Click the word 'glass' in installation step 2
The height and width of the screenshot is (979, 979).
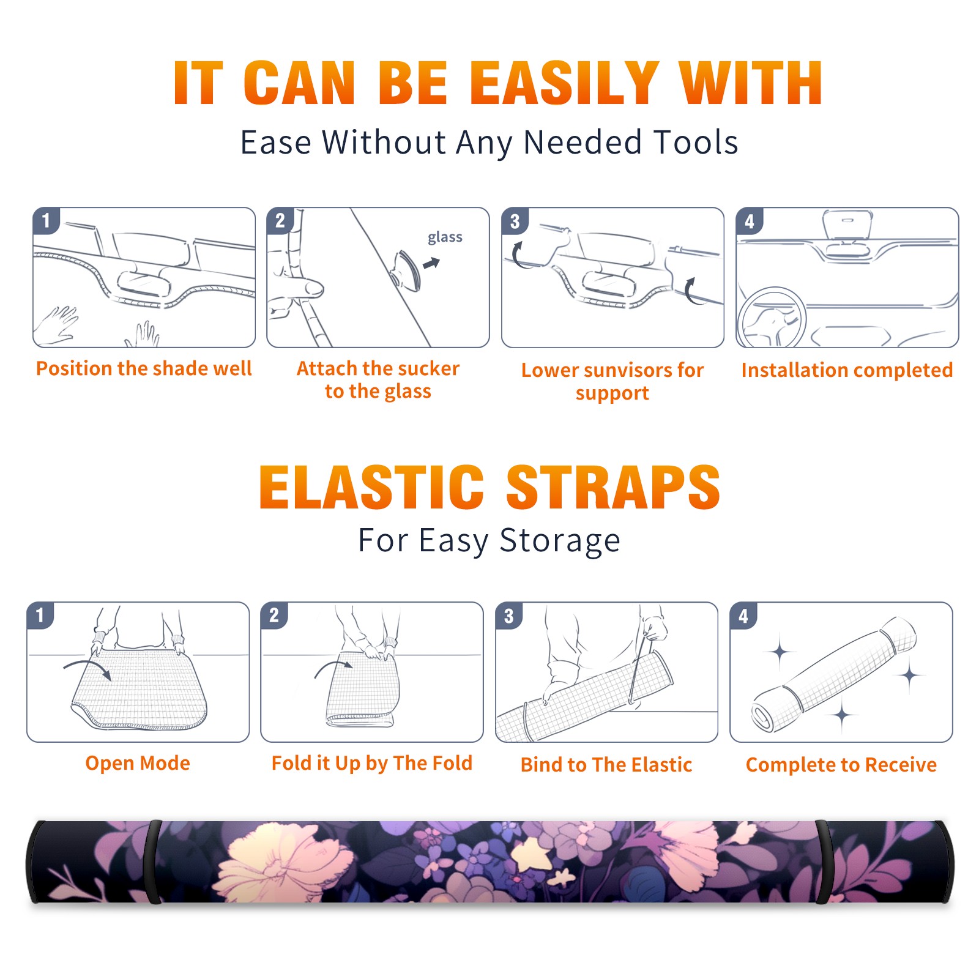pos(445,237)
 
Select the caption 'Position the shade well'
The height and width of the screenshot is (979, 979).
pos(144,368)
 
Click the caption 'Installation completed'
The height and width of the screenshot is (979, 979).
pos(847,370)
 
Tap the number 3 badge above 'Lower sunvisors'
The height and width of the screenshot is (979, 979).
pos(515,221)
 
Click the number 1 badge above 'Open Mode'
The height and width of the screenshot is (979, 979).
pos(40,615)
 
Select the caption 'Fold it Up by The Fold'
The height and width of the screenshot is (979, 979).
pos(372,763)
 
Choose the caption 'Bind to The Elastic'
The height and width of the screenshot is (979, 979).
pos(606,764)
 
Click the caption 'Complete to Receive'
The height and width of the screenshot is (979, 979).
pos(841,764)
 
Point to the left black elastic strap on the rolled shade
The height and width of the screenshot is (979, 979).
pos(152,862)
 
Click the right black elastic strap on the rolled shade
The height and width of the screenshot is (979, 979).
pos(822,862)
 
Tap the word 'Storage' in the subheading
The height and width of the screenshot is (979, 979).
pos(560,541)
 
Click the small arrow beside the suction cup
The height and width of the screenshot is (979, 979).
pos(432,263)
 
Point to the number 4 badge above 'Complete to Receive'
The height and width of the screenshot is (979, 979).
pos(743,615)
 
